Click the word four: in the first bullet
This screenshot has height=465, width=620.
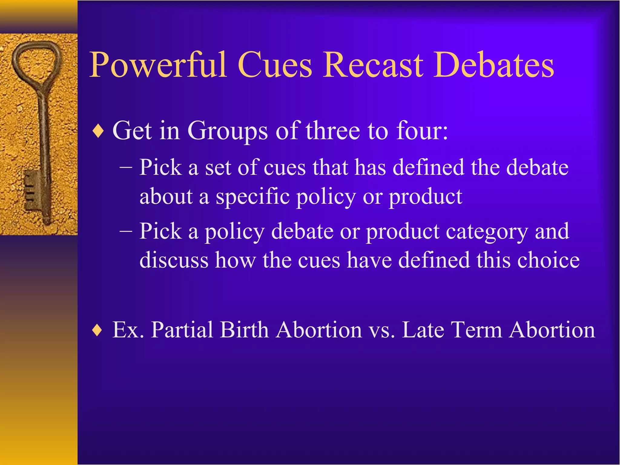click(x=422, y=131)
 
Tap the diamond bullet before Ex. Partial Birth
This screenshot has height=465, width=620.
click(x=97, y=330)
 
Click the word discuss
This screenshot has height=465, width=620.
click(x=174, y=260)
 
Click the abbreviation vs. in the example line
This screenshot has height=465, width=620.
click(x=382, y=330)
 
